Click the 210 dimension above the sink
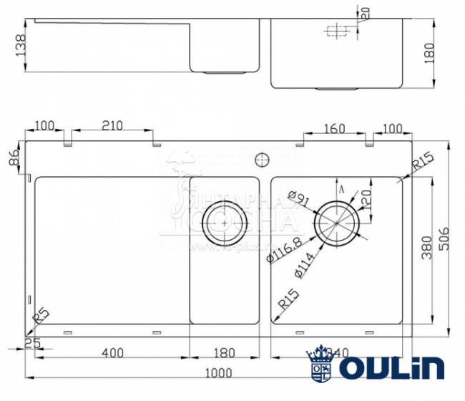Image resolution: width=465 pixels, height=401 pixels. [x=112, y=126]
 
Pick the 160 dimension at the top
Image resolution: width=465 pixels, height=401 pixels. [x=333, y=129]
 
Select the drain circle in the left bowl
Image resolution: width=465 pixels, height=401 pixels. [x=225, y=223]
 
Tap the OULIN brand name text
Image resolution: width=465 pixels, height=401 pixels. [x=391, y=368]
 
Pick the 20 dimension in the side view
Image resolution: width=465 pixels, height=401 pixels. [x=364, y=12]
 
